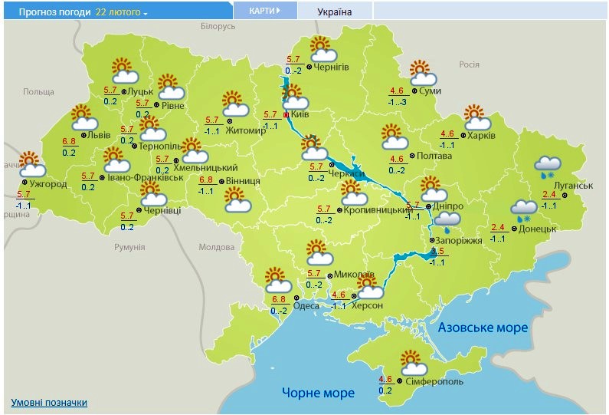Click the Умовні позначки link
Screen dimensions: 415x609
click(x=49, y=402)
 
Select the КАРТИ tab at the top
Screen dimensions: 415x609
click(x=263, y=12)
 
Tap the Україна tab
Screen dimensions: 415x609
click(x=334, y=12)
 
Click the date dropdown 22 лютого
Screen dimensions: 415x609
click(x=122, y=12)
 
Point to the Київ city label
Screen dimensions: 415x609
click(x=300, y=114)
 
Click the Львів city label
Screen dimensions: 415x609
click(x=100, y=135)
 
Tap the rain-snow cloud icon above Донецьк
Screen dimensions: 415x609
click(x=524, y=209)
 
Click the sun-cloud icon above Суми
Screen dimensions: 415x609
click(x=422, y=73)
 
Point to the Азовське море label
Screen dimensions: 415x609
click(x=483, y=328)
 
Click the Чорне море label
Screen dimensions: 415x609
click(x=318, y=393)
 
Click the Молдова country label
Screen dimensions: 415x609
click(x=216, y=247)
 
